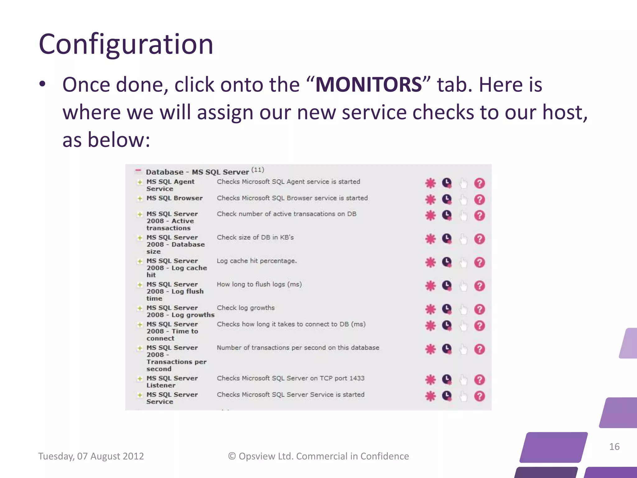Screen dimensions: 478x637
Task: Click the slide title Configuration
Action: pos(126,44)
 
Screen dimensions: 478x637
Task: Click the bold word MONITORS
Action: pos(369,85)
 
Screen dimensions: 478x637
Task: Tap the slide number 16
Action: pos(614,447)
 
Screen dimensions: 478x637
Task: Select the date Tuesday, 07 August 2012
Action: pos(91,456)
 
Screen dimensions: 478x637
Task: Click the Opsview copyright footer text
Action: pos(318,456)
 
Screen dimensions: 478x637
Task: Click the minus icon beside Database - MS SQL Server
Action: pos(138,171)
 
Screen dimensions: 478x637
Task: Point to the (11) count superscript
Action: pos(258,170)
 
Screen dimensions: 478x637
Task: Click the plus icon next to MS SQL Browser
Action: pos(140,199)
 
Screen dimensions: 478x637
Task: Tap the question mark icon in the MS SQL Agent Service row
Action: pos(479,183)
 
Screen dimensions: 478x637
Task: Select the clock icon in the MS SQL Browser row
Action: pos(447,199)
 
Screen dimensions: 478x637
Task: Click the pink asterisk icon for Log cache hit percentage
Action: pos(430,262)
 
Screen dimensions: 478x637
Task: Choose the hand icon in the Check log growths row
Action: pos(463,309)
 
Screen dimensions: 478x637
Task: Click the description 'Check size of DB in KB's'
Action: pos(255,237)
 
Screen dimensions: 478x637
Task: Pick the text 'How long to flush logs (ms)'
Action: pos(259,284)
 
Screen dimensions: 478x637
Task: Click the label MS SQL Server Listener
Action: pos(172,382)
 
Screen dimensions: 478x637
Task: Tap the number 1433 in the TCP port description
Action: pos(357,378)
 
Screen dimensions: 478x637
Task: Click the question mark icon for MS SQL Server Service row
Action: pos(479,396)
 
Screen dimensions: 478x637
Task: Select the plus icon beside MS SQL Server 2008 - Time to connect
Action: pos(140,325)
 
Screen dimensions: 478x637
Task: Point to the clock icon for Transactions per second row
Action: pos(447,349)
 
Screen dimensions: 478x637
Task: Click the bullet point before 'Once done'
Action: pos(43,84)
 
